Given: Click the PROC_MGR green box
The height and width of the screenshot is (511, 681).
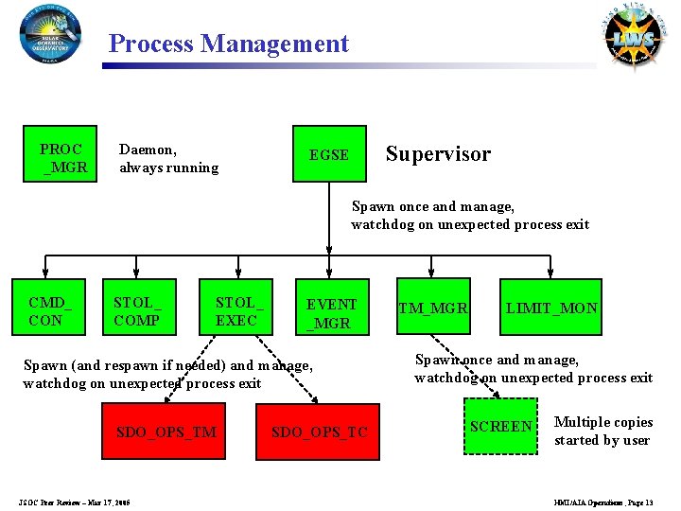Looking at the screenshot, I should (x=62, y=159).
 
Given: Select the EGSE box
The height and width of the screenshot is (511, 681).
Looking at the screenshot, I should (x=328, y=154).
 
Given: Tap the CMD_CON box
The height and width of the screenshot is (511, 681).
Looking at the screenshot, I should (x=50, y=308).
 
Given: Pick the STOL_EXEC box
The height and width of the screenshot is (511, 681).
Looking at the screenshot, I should (x=236, y=308).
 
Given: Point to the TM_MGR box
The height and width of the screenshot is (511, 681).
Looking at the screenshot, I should (x=432, y=308).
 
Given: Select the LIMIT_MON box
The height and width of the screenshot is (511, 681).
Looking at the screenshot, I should (x=551, y=308).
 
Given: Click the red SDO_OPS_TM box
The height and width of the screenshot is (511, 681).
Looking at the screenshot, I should (x=166, y=432).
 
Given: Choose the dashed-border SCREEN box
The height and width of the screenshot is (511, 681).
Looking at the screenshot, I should (x=501, y=426).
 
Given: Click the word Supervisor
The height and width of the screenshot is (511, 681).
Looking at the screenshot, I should (x=438, y=154).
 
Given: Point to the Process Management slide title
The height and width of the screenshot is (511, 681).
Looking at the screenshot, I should (x=229, y=44).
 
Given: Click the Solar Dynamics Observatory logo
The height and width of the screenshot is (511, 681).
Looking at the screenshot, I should (x=50, y=34).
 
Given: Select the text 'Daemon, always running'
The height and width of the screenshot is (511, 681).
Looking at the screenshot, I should (x=168, y=159).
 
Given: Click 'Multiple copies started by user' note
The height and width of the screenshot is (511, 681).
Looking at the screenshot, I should (x=602, y=431).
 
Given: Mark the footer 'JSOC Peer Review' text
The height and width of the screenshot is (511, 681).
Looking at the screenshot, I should (x=75, y=502).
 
